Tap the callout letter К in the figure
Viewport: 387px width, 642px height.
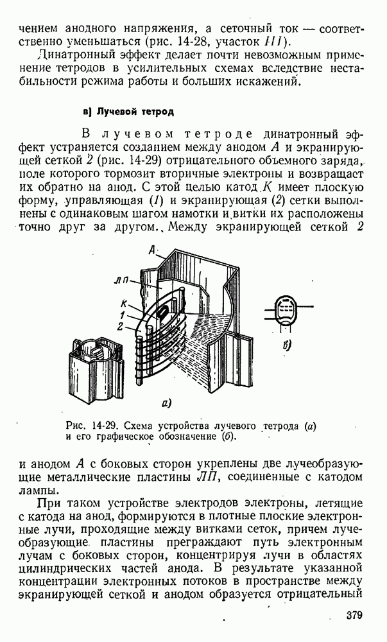click(125, 304)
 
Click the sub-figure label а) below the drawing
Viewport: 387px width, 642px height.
click(166, 403)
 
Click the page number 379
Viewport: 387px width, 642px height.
click(354, 616)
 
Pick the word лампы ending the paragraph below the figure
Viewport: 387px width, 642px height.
click(36, 490)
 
